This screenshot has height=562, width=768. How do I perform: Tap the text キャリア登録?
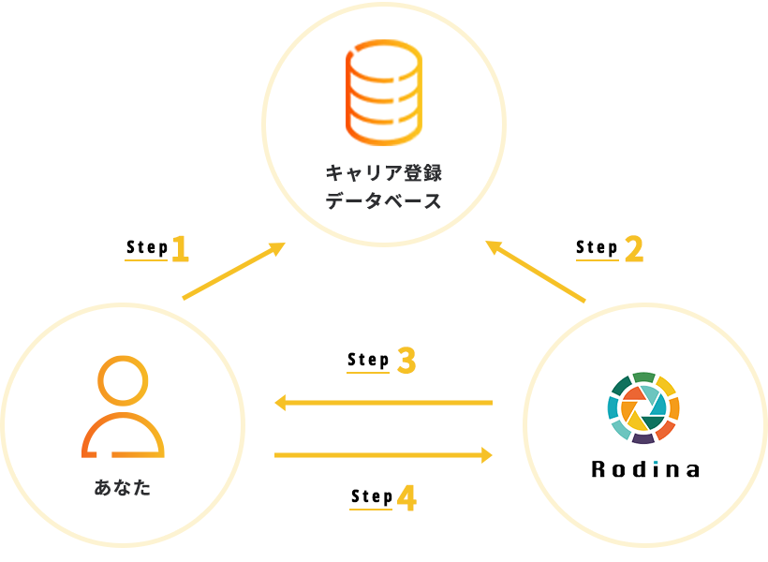pyautogui.click(x=383, y=172)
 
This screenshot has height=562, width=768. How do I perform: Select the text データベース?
pyautogui.click(x=383, y=200)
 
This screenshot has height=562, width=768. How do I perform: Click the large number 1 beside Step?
pyautogui.click(x=180, y=249)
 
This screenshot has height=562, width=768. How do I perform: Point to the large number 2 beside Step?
pyautogui.click(x=634, y=249)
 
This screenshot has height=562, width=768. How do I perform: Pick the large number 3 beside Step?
pyautogui.click(x=406, y=362)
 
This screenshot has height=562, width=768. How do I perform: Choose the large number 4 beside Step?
pyautogui.click(x=406, y=498)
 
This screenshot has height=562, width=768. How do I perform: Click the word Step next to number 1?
pyautogui.click(x=146, y=248)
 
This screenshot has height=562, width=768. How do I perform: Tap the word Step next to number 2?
pyautogui.click(x=597, y=247)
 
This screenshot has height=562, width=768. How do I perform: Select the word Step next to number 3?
pyautogui.click(x=367, y=360)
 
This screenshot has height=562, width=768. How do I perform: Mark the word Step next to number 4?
pyautogui.click(x=371, y=496)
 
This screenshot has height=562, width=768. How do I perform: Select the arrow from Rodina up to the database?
pyautogui.click(x=536, y=272)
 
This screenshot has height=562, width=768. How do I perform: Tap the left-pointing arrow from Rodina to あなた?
pyautogui.click(x=383, y=403)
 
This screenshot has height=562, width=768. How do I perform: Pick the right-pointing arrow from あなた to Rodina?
pyautogui.click(x=383, y=455)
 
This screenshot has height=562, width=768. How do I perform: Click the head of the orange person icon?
pyautogui.click(x=123, y=379)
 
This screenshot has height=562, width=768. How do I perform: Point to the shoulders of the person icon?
pyautogui.click(x=123, y=435)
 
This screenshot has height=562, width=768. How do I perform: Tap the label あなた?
pyautogui.click(x=123, y=488)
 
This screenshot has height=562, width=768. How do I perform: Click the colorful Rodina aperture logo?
pyautogui.click(x=643, y=407)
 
